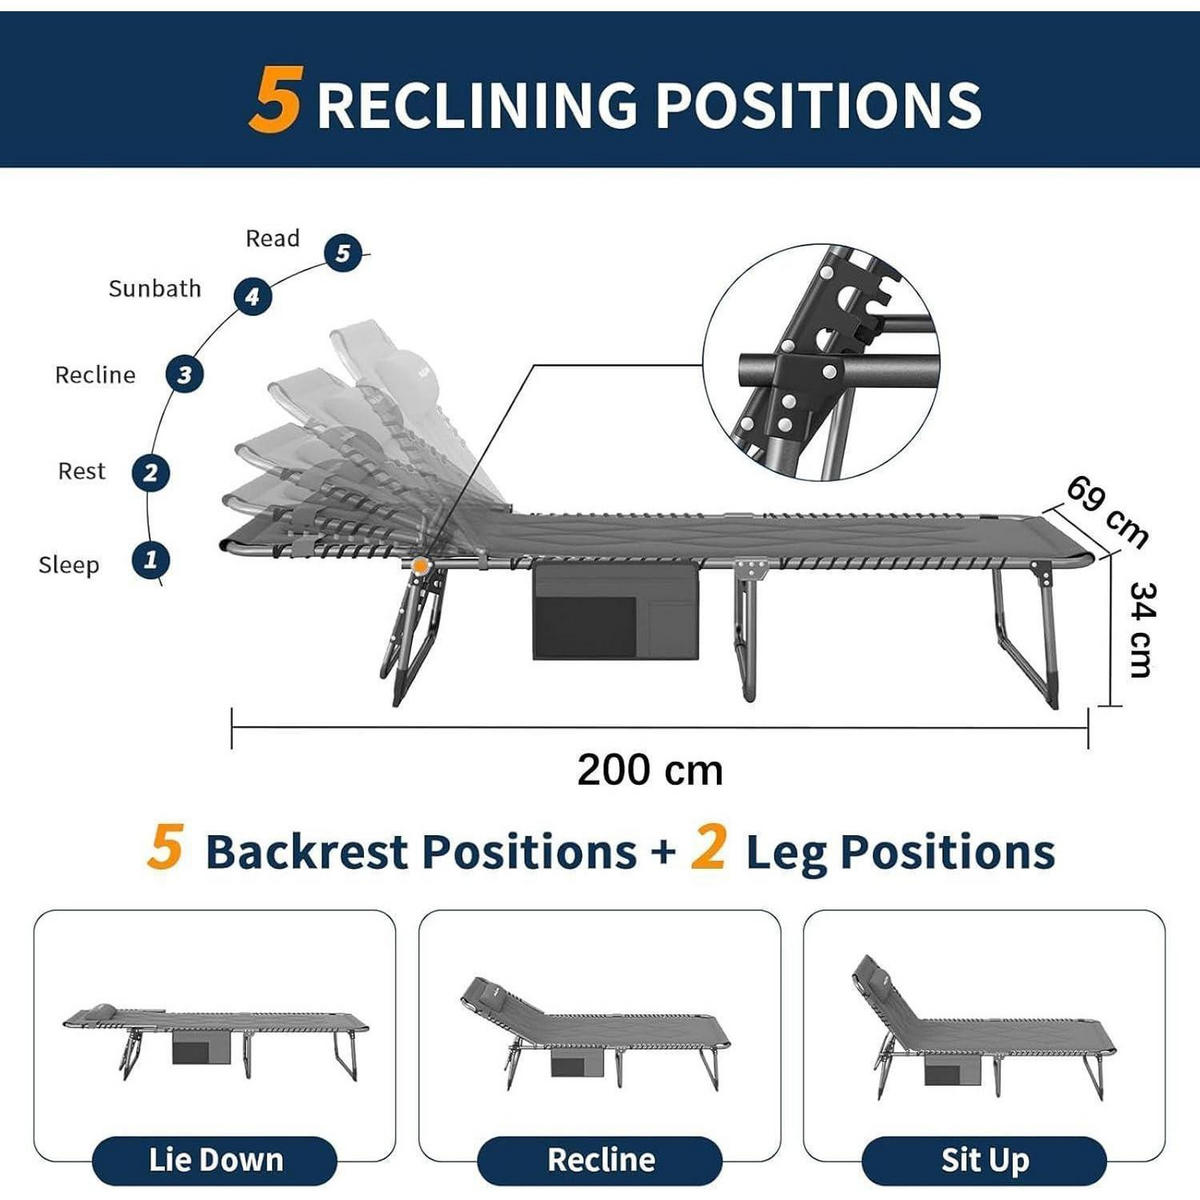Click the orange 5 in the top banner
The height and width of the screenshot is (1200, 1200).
coord(277,100)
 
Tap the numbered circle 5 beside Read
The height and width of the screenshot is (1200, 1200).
coord(343,253)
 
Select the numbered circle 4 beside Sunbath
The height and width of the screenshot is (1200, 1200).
coord(252,296)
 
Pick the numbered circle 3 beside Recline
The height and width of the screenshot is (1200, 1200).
coord(184,374)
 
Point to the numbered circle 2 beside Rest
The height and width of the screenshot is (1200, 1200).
coord(150,473)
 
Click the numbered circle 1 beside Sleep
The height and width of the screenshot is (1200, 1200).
coord(150,560)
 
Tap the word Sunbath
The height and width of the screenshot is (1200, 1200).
coord(155,289)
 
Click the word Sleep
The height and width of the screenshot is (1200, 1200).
coord(69,565)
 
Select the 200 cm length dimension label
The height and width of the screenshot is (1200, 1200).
coord(650,770)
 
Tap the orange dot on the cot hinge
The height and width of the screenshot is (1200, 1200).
coord(420,565)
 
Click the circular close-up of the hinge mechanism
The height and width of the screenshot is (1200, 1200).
coord(821,362)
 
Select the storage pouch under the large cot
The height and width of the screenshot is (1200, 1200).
coord(616,612)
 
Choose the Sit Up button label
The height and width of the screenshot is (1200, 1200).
coord(985,1160)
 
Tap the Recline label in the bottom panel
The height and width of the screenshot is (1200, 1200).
coord(601,1160)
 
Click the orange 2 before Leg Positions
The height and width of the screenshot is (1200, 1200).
coord(708,847)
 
